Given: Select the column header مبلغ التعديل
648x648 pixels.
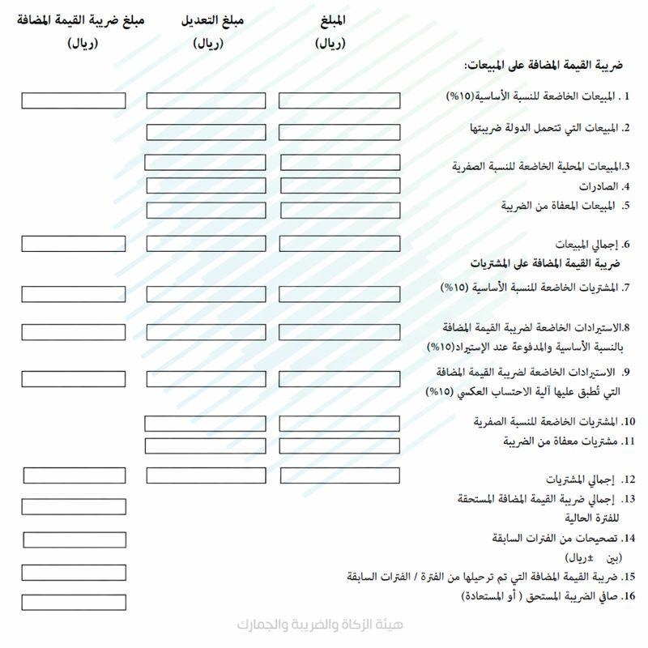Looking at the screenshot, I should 213,20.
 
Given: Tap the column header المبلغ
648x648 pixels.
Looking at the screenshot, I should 330,20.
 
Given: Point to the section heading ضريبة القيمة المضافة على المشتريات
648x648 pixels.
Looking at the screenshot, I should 545,263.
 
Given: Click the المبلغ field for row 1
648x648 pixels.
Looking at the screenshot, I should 339,100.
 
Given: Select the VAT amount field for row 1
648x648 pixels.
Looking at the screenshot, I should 74,100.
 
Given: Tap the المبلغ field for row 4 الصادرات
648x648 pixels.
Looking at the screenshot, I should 340,185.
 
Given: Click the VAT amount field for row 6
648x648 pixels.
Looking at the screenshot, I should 74,243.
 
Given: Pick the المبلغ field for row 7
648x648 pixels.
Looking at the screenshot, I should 339,294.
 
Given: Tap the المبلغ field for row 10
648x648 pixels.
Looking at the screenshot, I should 339,423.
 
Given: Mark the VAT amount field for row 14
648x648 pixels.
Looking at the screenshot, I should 75,539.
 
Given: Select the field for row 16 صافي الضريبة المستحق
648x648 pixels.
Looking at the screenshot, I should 74,602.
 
